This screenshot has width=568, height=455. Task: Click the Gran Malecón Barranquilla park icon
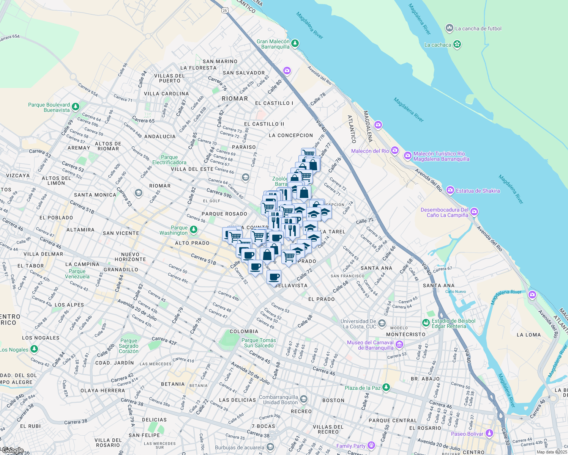[x=295, y=44]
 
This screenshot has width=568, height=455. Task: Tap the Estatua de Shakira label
[x=478, y=191]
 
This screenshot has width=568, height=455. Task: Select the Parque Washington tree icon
[x=194, y=230]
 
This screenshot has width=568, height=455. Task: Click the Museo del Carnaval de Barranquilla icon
[x=399, y=345]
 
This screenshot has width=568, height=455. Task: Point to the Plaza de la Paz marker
[x=386, y=387]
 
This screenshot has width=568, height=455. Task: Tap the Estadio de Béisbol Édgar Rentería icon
[x=426, y=323]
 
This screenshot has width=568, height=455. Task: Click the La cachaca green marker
[x=457, y=44]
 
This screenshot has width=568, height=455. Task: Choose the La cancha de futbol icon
[x=450, y=28]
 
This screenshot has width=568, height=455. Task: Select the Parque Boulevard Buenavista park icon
[x=76, y=107]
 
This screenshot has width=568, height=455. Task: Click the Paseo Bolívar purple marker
[x=489, y=433]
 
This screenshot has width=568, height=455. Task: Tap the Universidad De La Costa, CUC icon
[x=382, y=323]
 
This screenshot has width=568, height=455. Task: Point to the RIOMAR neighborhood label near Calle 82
[x=235, y=99]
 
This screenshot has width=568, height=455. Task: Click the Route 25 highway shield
[x=225, y=10]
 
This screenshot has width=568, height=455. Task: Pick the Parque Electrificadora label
[x=169, y=160]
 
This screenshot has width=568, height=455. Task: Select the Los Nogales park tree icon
[x=34, y=349]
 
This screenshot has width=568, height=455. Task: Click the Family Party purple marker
[x=371, y=446]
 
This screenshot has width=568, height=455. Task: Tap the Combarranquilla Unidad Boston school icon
[x=303, y=399]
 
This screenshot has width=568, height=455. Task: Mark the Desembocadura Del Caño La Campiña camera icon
[x=474, y=212]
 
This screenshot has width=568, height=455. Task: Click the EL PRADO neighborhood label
[x=321, y=299]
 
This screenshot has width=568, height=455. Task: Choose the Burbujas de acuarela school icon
[x=270, y=447]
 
